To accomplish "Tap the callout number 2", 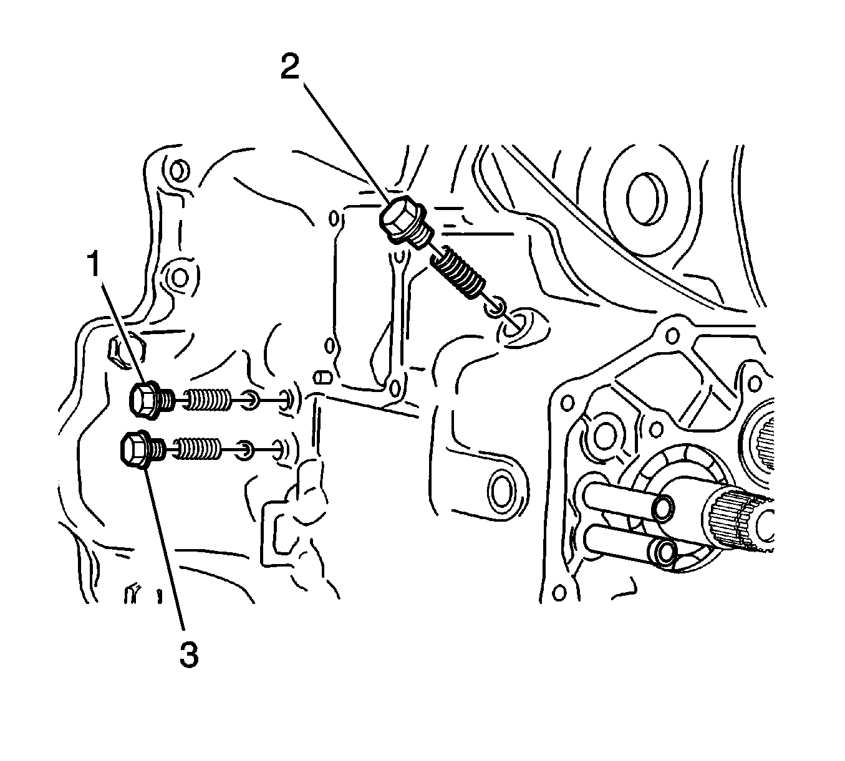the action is coord(290,66).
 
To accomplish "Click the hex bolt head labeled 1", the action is coord(143,400).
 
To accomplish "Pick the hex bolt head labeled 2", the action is coord(400,220).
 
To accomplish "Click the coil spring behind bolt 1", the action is coord(208,398).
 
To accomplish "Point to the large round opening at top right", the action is coord(646,199).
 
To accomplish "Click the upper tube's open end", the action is coord(663,509).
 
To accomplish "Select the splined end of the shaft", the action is coord(741,523).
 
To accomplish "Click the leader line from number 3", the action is coord(164,547).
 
